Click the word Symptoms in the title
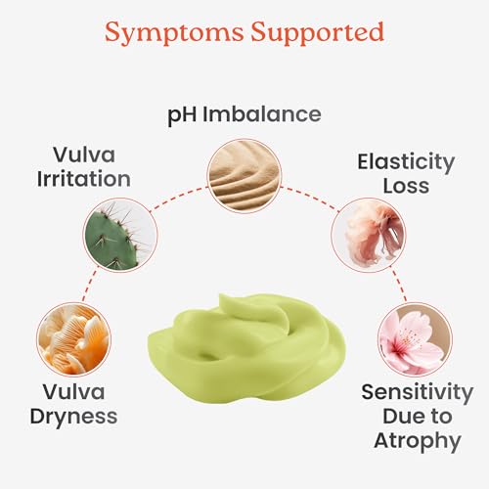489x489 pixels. click(174, 33)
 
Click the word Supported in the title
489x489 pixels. click(318, 32)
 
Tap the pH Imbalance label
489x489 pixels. click(244, 115)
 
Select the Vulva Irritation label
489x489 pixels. click(84, 167)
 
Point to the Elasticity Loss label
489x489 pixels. click(406, 173)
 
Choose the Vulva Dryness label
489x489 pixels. click(73, 405)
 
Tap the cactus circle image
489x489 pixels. click(120, 235)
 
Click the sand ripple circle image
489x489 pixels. click(244, 176)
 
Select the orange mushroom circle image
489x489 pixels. click(73, 339)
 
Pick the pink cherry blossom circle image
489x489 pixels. click(415, 339)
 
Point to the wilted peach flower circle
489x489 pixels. click(369, 235)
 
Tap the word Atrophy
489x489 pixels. click(418, 442)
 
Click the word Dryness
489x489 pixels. click(73, 417)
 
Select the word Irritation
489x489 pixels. click(84, 179)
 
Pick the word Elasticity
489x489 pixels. click(406, 163)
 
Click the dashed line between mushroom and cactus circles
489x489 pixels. click(90, 285)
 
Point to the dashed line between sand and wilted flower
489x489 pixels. click(310, 198)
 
